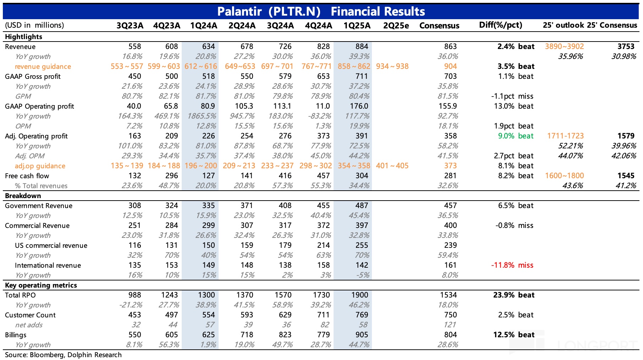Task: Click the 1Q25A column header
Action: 357,26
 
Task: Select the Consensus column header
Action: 439,26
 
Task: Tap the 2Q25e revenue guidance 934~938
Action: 392,66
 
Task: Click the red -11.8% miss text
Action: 512,265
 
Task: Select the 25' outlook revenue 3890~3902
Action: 564,47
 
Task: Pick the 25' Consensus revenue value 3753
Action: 626,47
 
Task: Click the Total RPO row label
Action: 20,295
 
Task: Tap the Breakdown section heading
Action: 23,196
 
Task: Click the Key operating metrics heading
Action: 41,285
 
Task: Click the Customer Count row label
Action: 30,315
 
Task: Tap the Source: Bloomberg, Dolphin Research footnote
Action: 63,355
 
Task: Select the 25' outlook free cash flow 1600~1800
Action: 564,176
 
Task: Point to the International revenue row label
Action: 48,265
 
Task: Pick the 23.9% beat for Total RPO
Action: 513,295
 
